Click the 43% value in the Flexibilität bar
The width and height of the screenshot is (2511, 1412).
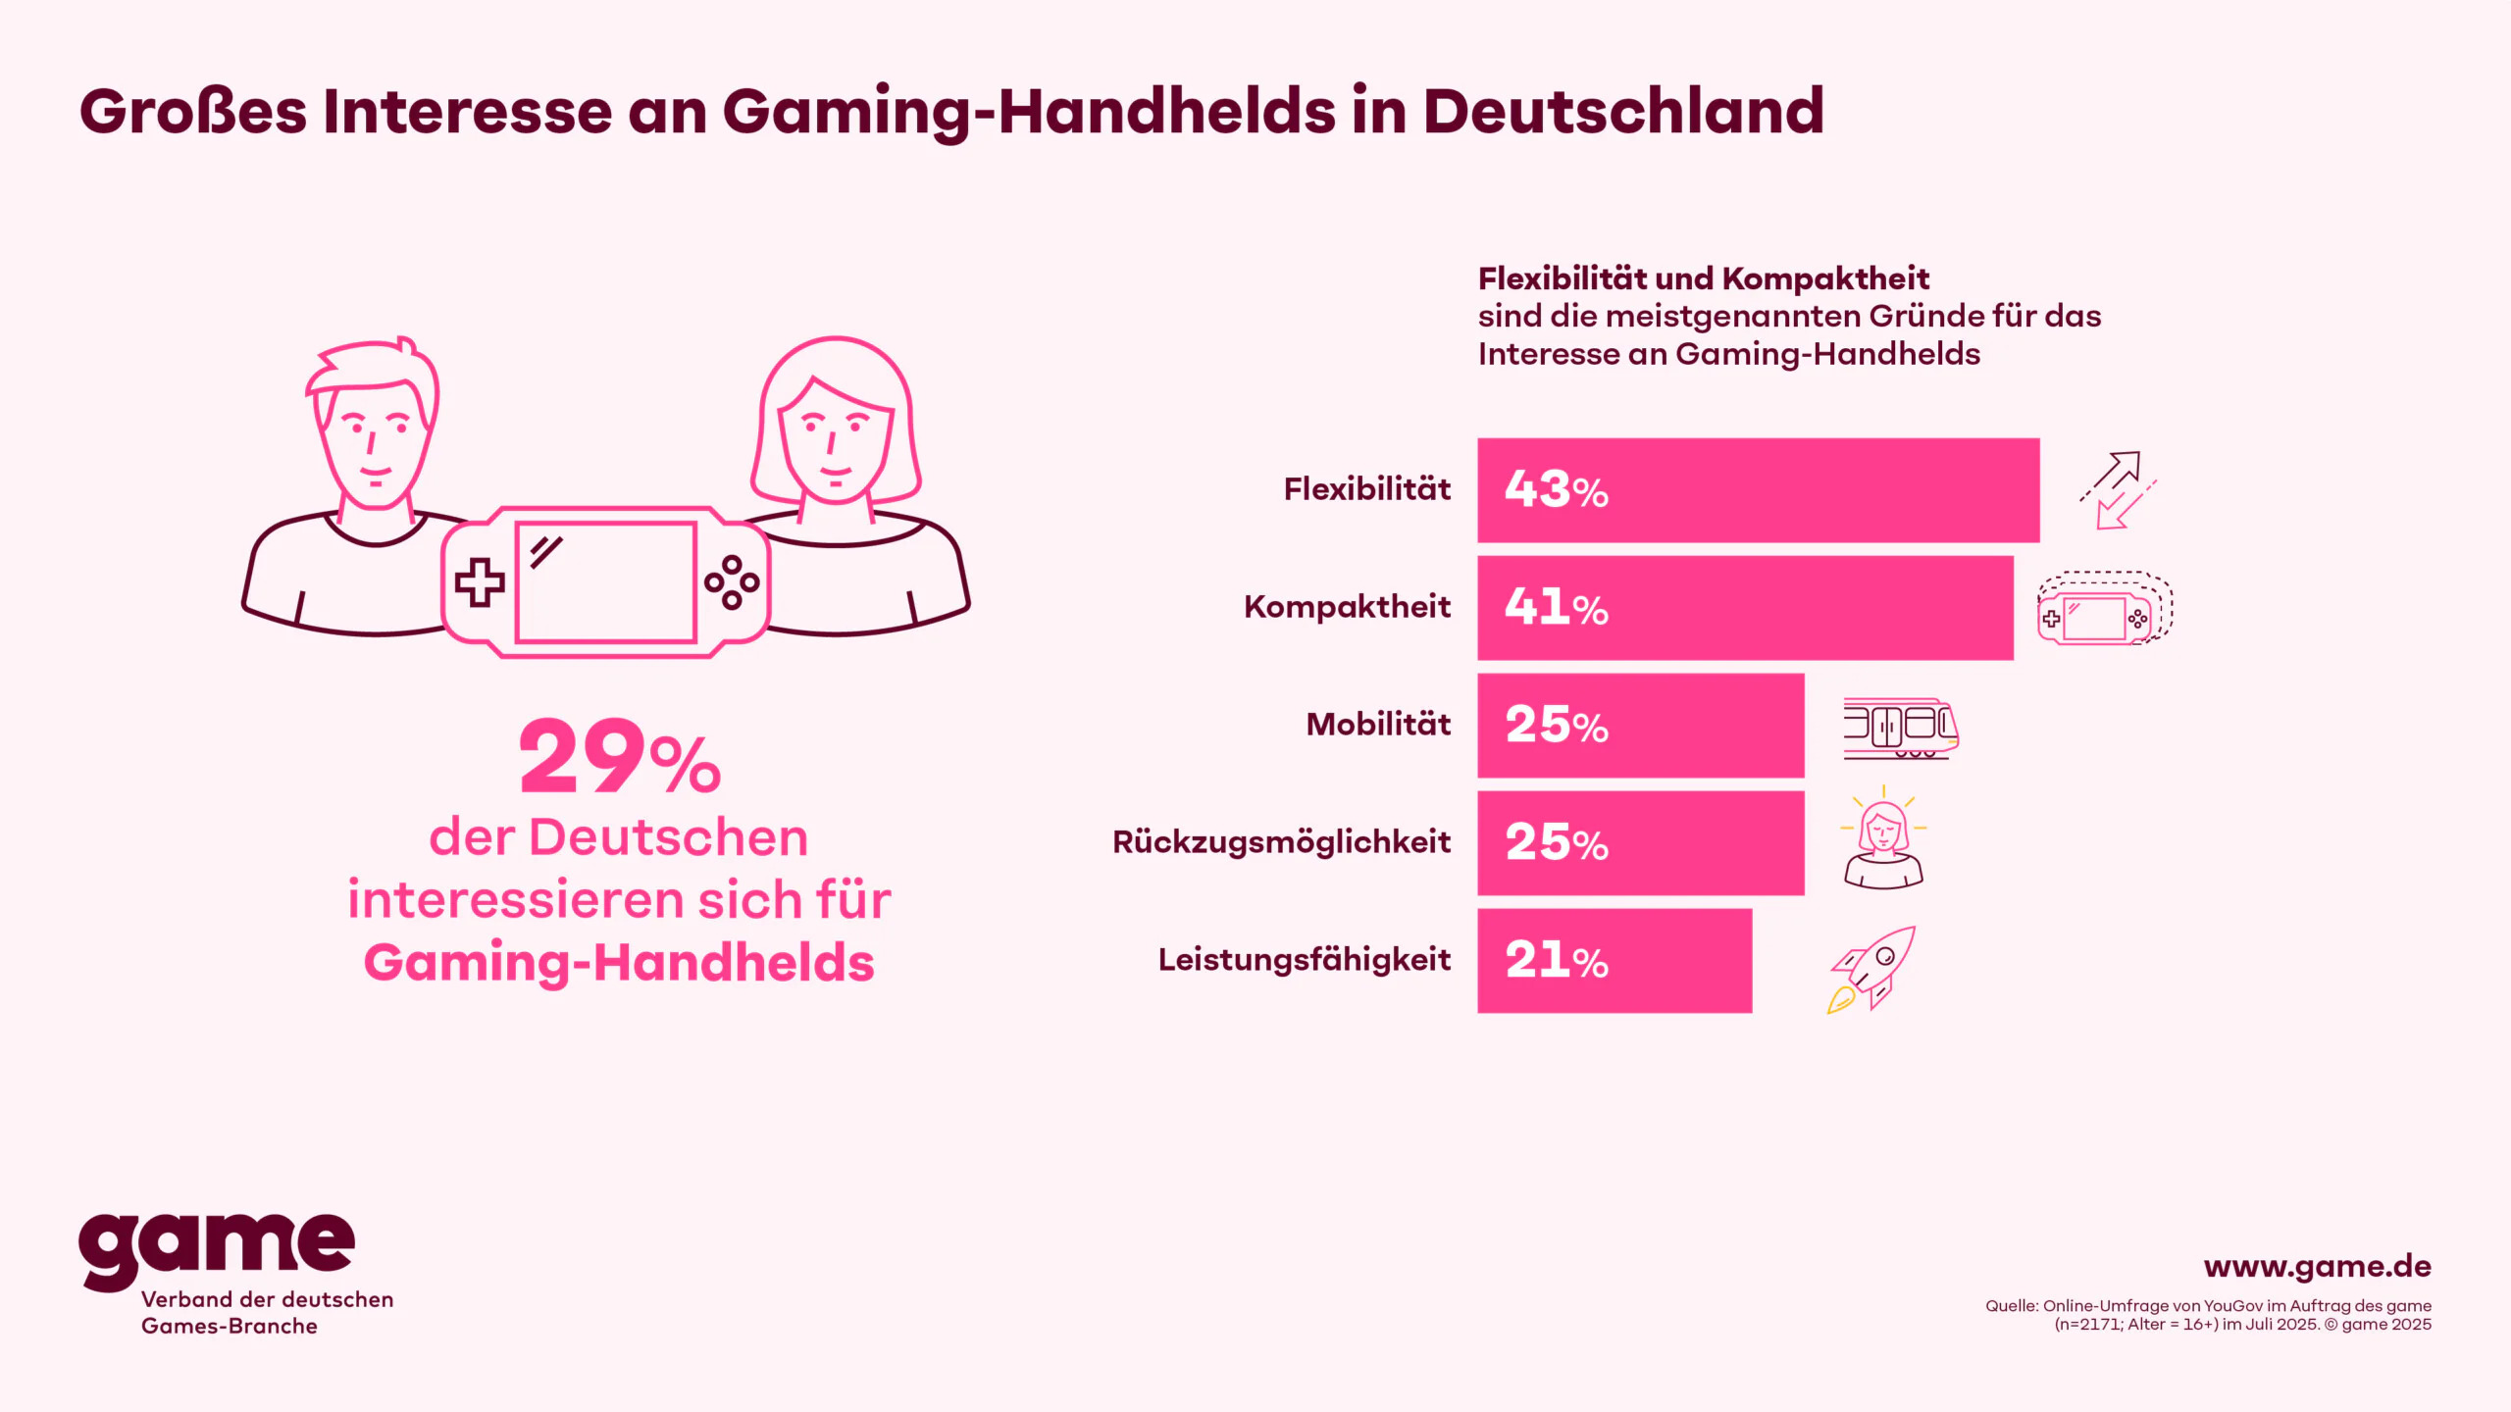(x=1556, y=489)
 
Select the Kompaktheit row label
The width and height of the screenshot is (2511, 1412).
(x=1347, y=607)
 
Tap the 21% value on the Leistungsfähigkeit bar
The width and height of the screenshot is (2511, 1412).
(x=1556, y=960)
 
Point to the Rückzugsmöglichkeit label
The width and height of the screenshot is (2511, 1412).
(x=1281, y=842)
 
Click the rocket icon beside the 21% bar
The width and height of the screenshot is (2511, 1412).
(x=1871, y=969)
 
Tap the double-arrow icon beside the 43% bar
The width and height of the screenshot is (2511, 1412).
(x=2118, y=490)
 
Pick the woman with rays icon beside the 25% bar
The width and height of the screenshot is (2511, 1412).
(x=1883, y=839)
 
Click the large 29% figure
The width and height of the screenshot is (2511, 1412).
(x=619, y=757)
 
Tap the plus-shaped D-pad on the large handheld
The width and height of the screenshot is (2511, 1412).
(x=480, y=582)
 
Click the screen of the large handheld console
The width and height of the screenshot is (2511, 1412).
(x=606, y=582)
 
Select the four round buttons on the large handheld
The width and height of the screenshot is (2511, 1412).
(x=732, y=582)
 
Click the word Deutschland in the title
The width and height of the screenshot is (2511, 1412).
(x=1623, y=111)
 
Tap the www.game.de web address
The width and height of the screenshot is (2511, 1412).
(x=2317, y=1267)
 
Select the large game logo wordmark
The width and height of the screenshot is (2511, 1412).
(x=217, y=1245)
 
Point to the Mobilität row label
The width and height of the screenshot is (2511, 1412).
(x=1378, y=725)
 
